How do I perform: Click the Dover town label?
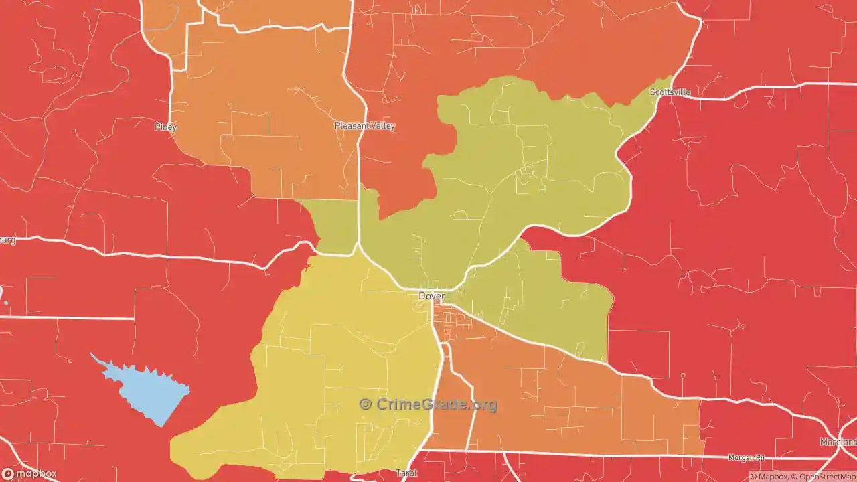(x=431, y=295)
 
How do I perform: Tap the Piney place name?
(x=165, y=127)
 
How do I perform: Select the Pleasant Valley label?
(x=365, y=125)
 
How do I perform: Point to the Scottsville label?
(x=670, y=92)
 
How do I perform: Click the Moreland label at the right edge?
(x=838, y=442)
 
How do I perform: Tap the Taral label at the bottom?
(x=406, y=473)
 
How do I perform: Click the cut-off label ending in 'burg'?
(x=7, y=240)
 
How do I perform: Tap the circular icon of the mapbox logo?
(x=7, y=474)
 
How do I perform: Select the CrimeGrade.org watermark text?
(x=436, y=404)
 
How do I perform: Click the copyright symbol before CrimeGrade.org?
(x=366, y=404)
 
